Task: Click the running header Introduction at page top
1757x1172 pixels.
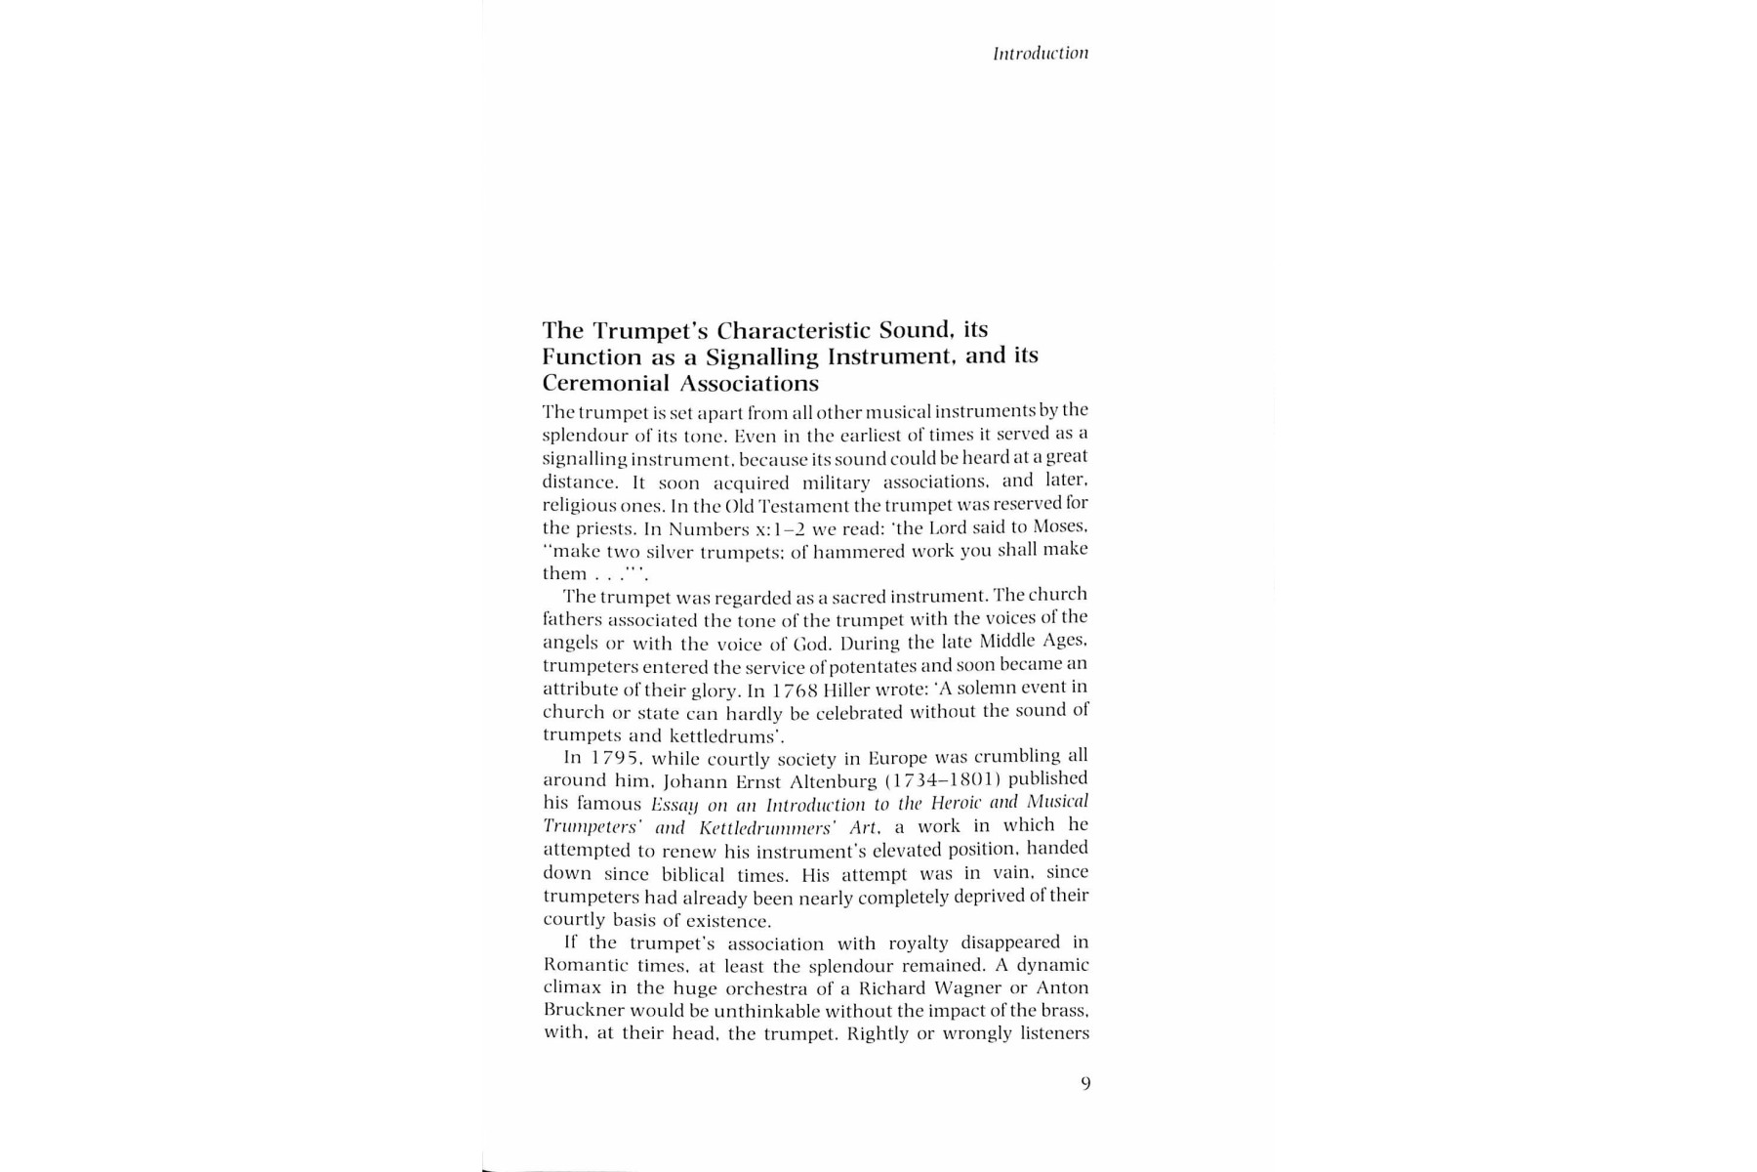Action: (x=1040, y=54)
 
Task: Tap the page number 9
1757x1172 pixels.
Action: (x=1085, y=1083)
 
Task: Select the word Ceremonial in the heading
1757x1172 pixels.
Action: (x=605, y=383)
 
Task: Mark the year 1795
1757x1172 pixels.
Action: (x=615, y=758)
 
